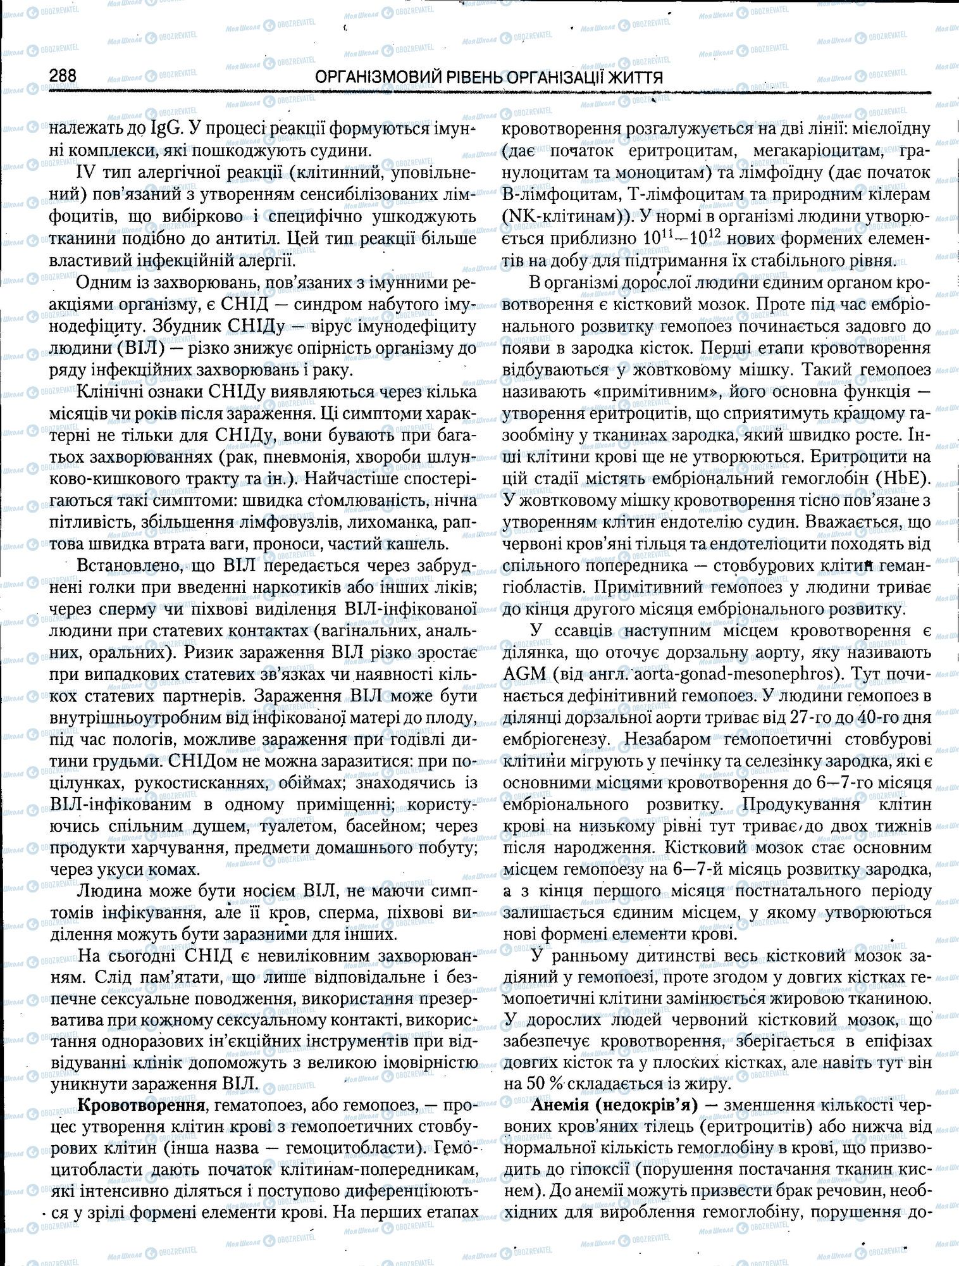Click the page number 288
pyautogui.click(x=63, y=76)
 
